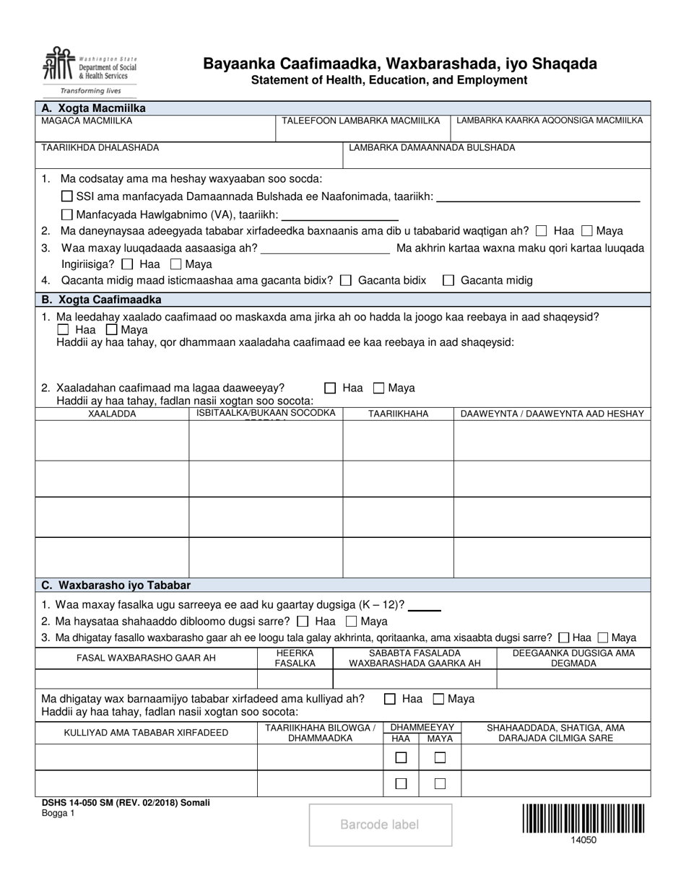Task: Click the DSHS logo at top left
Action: coord(87,71)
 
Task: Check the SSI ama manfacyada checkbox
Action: coord(67,196)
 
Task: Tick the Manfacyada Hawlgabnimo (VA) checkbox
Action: coord(67,214)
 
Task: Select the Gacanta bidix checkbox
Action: coord(346,281)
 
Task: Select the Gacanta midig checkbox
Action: coord(448,281)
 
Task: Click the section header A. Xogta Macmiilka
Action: coord(94,108)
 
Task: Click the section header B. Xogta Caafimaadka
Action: coord(102,300)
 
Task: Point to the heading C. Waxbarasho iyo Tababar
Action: coord(116,585)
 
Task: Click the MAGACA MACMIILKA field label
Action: coord(87,121)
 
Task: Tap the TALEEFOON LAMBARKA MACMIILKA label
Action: coord(360,121)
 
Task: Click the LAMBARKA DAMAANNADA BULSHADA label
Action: coord(432,148)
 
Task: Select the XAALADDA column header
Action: coord(112,414)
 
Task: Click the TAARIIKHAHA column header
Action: coord(398,414)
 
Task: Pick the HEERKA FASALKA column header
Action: coord(295,658)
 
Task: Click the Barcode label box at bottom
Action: coord(380,824)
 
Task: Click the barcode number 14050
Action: coord(584,840)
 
